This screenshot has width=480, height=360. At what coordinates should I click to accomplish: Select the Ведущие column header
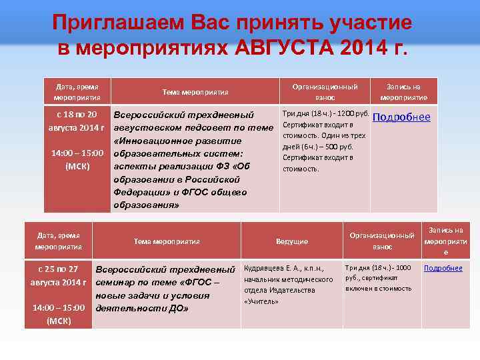(292, 241)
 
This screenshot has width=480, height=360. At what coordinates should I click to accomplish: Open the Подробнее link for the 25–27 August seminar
(443, 268)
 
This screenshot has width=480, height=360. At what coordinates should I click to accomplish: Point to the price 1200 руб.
(354, 113)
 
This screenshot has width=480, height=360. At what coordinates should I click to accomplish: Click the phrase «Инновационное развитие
(177, 141)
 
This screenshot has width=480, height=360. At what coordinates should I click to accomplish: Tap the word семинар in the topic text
(117, 282)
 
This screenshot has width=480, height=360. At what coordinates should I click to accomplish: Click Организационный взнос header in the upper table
(325, 92)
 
